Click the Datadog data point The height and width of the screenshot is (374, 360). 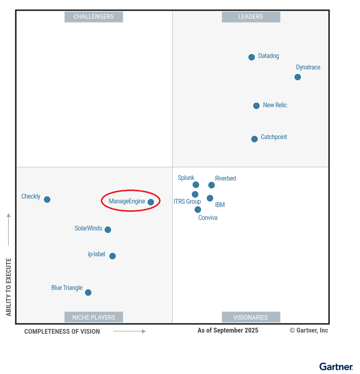pyautogui.click(x=252, y=57)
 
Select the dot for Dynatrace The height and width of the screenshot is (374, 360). pyautogui.click(x=298, y=77)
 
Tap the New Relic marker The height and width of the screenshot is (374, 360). pyautogui.click(x=256, y=106)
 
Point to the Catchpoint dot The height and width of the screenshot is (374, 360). pyautogui.click(x=254, y=139)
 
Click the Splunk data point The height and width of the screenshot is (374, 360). pyautogui.click(x=196, y=185)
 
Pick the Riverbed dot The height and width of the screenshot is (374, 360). pyautogui.click(x=211, y=185)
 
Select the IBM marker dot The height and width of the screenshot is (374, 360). pyautogui.click(x=210, y=198)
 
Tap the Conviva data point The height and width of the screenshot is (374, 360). pyautogui.click(x=198, y=210)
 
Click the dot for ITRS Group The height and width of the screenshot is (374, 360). pyautogui.click(x=195, y=194)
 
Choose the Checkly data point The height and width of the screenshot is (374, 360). pyautogui.click(x=47, y=199)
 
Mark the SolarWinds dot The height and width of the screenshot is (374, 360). pyautogui.click(x=108, y=230)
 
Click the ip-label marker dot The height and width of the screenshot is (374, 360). pyautogui.click(x=112, y=256)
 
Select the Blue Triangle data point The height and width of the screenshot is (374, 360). pyautogui.click(x=88, y=293)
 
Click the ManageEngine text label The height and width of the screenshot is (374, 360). pyautogui.click(x=127, y=201)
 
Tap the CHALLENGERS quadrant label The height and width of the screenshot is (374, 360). pyautogui.click(x=94, y=17)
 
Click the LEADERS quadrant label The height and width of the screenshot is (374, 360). pyautogui.click(x=251, y=17)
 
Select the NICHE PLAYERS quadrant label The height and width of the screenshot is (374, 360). pyautogui.click(x=94, y=317)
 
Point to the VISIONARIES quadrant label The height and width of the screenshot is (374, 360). pyautogui.click(x=251, y=317)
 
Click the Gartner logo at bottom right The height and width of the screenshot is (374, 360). pyautogui.click(x=336, y=367)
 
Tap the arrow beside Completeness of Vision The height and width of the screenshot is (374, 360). pyautogui.click(x=130, y=331)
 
